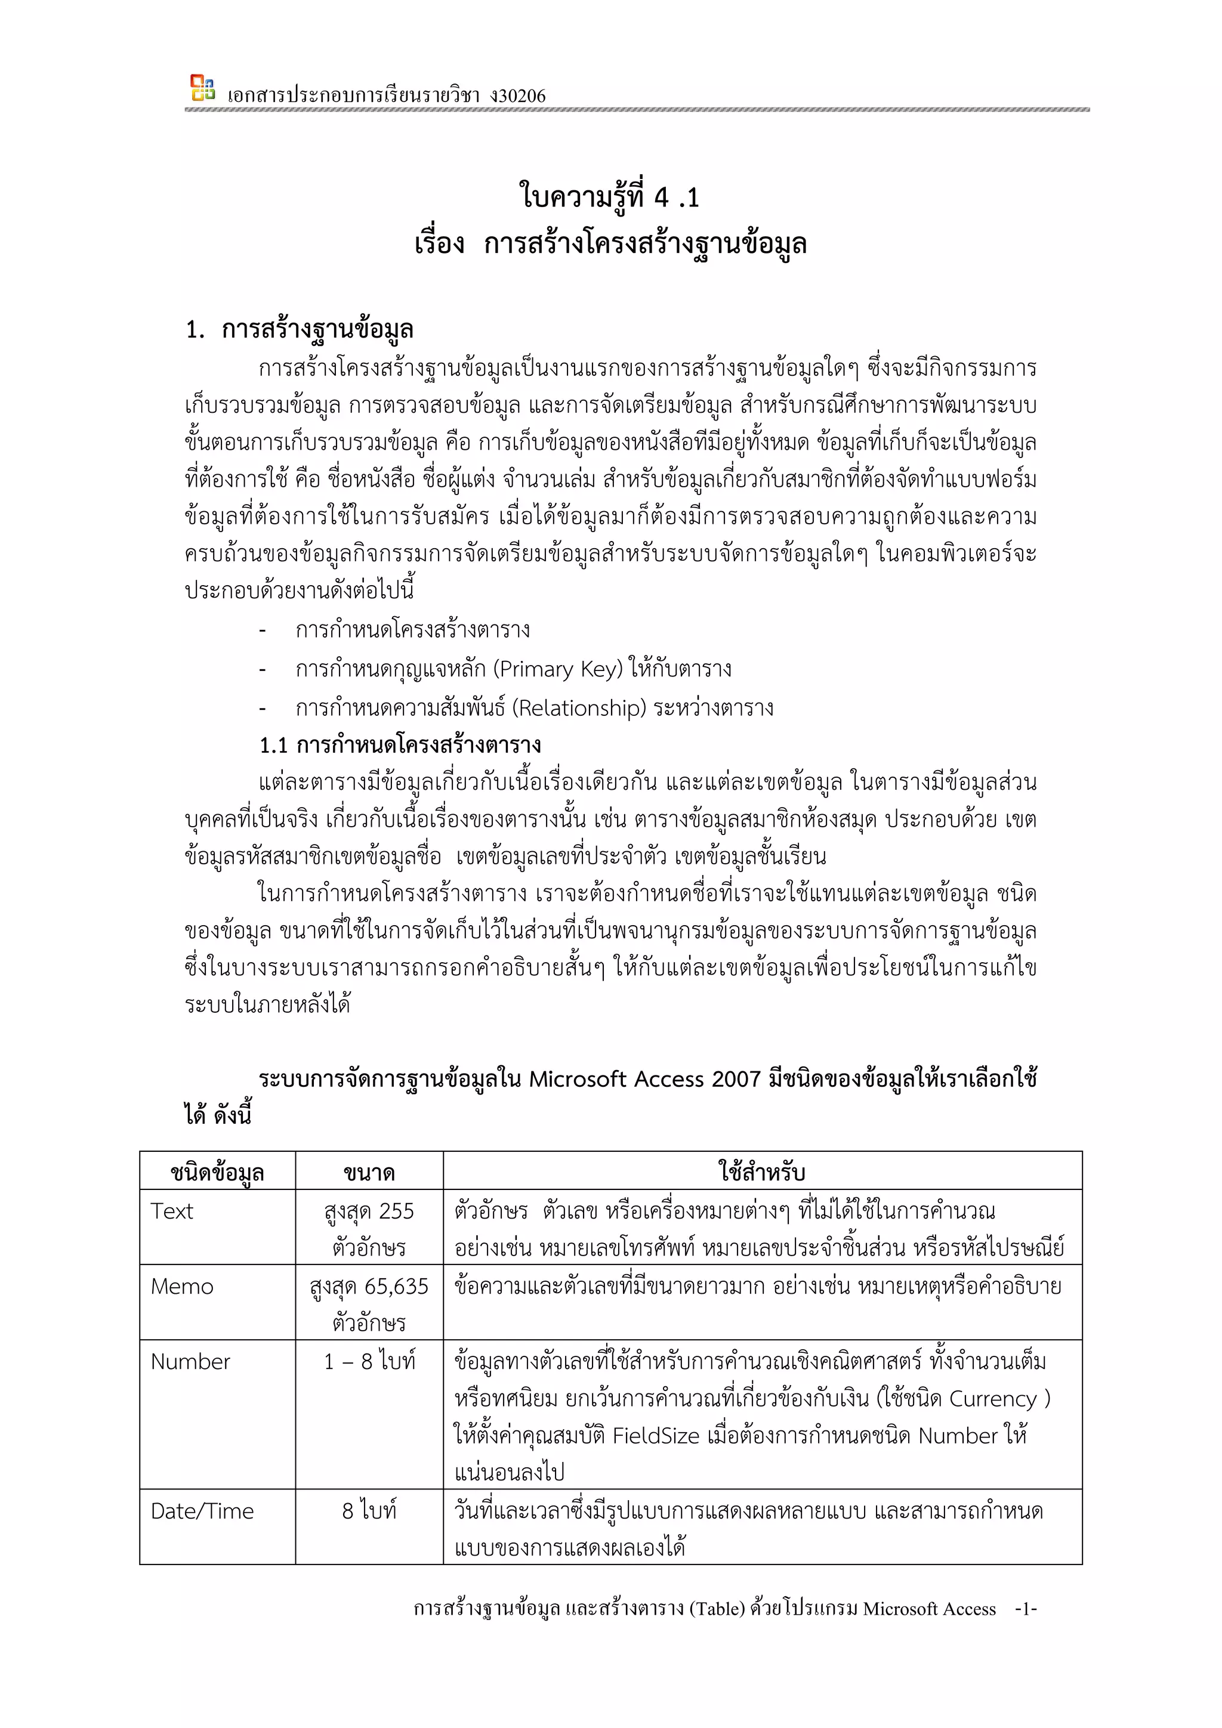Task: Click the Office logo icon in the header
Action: click(202, 88)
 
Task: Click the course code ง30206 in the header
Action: click(517, 95)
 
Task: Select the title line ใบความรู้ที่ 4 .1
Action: click(610, 197)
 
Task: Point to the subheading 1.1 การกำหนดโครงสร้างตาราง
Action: click(400, 745)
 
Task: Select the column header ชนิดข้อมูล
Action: click(217, 1172)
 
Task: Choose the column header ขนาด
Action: click(369, 1172)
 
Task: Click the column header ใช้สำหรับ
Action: click(762, 1172)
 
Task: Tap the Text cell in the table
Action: click(172, 1211)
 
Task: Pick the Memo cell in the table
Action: click(181, 1286)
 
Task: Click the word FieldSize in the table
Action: click(655, 1436)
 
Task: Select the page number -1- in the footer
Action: click(1026, 1608)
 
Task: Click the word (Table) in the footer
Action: click(716, 1608)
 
